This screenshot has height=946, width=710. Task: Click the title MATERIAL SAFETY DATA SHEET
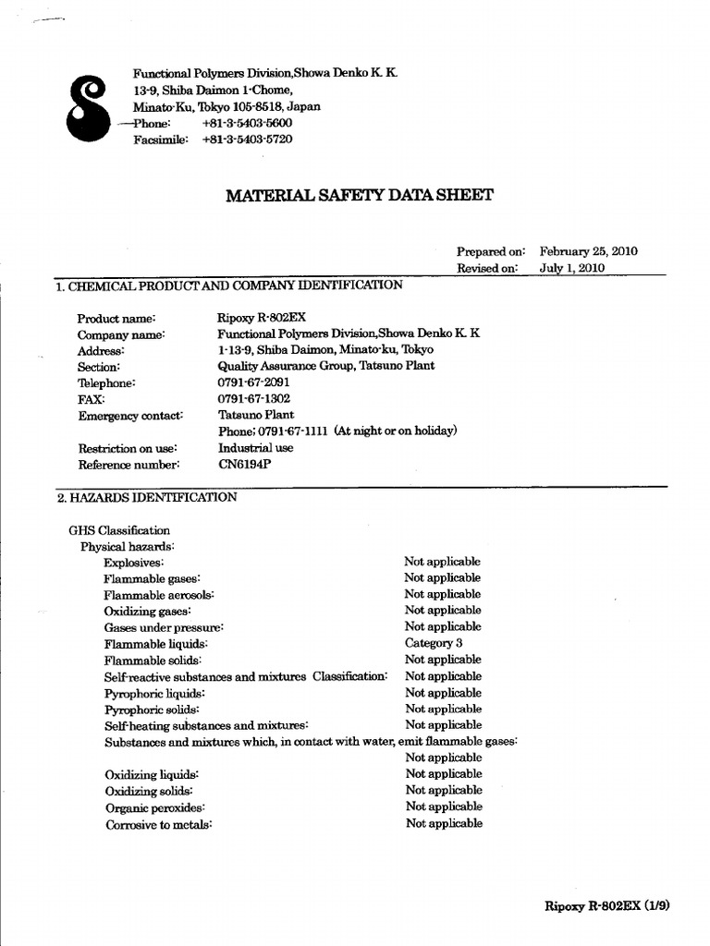360,195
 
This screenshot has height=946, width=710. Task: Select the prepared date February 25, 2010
588,251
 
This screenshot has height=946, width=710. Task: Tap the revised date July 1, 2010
571,268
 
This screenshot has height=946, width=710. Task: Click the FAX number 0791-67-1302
254,399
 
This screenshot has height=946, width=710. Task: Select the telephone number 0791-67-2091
254,382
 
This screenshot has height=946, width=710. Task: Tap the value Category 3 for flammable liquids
433,643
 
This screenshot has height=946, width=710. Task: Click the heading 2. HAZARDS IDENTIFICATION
147,497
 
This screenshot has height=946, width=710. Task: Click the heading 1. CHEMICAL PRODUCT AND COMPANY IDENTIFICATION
229,285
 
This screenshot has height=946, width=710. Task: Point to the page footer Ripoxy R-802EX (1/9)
606,906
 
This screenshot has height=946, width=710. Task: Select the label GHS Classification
119,530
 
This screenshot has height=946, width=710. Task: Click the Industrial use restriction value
255,448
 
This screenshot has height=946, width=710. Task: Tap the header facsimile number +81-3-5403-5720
247,139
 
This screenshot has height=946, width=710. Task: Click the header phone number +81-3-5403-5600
247,123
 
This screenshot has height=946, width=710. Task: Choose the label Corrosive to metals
158,824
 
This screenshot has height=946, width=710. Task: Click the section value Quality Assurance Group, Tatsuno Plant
326,366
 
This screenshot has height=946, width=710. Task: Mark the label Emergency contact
129,416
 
